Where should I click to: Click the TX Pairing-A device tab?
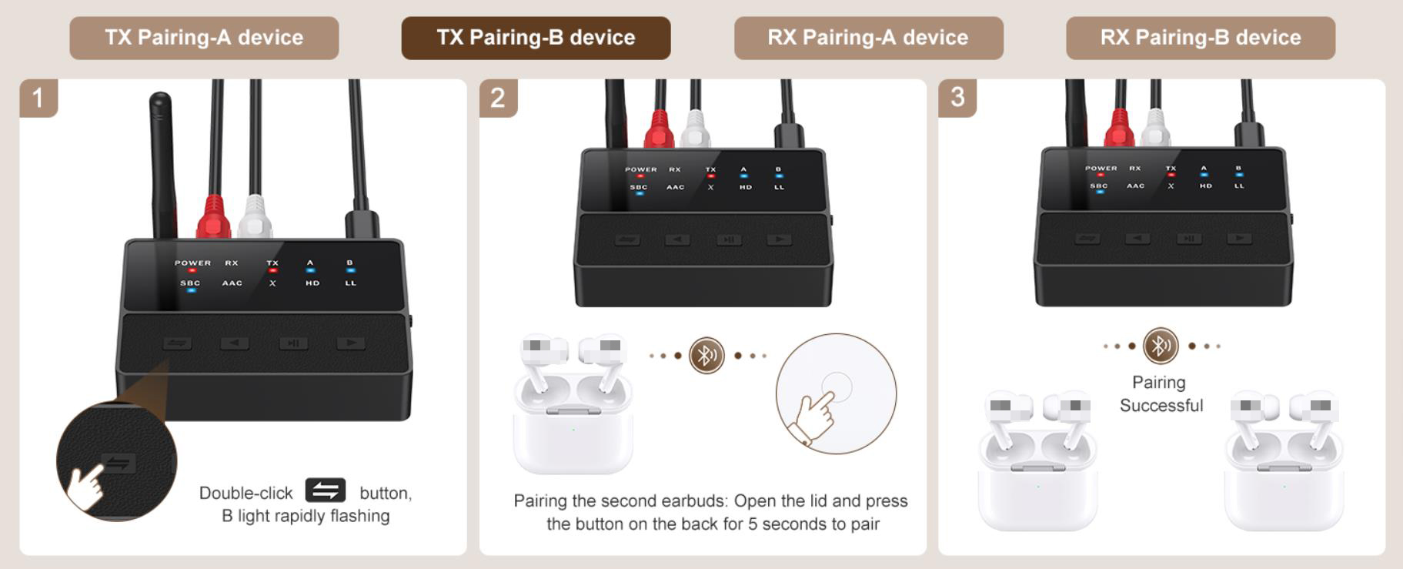tap(204, 38)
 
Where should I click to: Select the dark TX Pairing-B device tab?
tap(536, 38)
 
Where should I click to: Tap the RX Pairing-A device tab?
tap(868, 38)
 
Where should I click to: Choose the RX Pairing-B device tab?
tap(1200, 38)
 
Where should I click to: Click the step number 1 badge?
tap(38, 98)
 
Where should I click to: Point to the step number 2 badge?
tap(498, 98)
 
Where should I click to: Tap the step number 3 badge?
tap(957, 97)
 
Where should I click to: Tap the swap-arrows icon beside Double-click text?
tap(325, 490)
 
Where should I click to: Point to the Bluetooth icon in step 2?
tap(707, 356)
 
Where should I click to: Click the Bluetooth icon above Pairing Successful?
tap(1161, 346)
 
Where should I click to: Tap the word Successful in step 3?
tap(1161, 406)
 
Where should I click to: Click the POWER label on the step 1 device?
tap(192, 263)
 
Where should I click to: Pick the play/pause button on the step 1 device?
tap(293, 343)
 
